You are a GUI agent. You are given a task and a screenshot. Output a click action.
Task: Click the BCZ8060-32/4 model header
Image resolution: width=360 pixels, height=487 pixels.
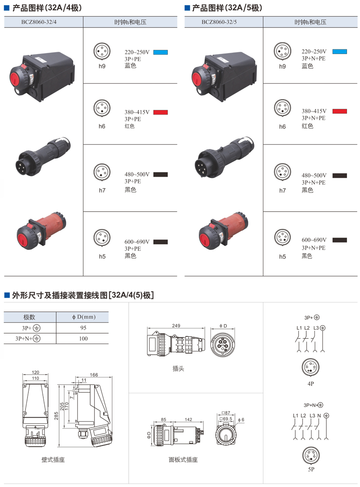pos(39,22)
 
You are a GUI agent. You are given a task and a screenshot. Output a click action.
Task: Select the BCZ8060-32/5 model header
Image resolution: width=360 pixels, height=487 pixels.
pos(219,22)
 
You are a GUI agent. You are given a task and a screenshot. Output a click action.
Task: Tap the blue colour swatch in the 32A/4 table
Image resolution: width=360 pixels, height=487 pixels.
pos(160,52)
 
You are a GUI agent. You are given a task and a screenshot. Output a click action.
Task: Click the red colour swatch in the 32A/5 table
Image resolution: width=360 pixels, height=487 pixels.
pos(339,111)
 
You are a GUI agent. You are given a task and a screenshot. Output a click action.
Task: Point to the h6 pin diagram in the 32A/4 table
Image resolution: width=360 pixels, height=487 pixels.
pos(102,108)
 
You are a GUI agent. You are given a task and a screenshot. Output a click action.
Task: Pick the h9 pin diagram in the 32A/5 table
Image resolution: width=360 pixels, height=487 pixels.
pos(282,51)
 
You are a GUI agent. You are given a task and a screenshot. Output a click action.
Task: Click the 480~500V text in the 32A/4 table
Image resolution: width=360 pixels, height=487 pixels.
pos(137,174)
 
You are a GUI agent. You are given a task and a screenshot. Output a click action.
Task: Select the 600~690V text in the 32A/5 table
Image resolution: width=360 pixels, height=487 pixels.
pos(314,240)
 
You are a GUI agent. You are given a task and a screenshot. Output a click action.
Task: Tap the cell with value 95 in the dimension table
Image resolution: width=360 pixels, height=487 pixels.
pos(83,328)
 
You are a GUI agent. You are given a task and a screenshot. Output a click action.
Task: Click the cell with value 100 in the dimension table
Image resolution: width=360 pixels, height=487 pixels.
pos(83,339)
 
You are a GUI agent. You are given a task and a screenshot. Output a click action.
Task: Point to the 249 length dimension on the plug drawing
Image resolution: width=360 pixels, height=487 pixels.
pos(176,326)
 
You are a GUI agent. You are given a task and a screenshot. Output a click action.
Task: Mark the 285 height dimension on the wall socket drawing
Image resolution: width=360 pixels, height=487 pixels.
pos(56,416)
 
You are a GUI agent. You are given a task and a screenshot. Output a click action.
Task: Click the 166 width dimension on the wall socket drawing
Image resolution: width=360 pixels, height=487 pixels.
pos(94,375)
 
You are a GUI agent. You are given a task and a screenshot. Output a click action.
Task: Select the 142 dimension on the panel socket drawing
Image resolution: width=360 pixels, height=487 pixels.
pos(188,419)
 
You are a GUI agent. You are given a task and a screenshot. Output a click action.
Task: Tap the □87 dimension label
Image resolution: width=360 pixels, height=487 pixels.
pos(226,413)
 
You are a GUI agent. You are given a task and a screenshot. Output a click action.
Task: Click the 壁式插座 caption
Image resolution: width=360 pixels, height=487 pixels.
pos(53,459)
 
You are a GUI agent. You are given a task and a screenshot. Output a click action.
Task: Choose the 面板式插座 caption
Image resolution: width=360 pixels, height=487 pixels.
pos(183,459)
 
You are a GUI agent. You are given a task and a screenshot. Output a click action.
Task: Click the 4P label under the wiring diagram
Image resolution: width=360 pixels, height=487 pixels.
pos(311,383)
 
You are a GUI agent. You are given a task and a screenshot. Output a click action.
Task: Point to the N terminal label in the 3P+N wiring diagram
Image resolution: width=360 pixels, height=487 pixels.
pos(319,416)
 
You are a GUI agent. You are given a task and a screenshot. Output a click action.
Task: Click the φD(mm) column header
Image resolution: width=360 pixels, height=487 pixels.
pos(84,317)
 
